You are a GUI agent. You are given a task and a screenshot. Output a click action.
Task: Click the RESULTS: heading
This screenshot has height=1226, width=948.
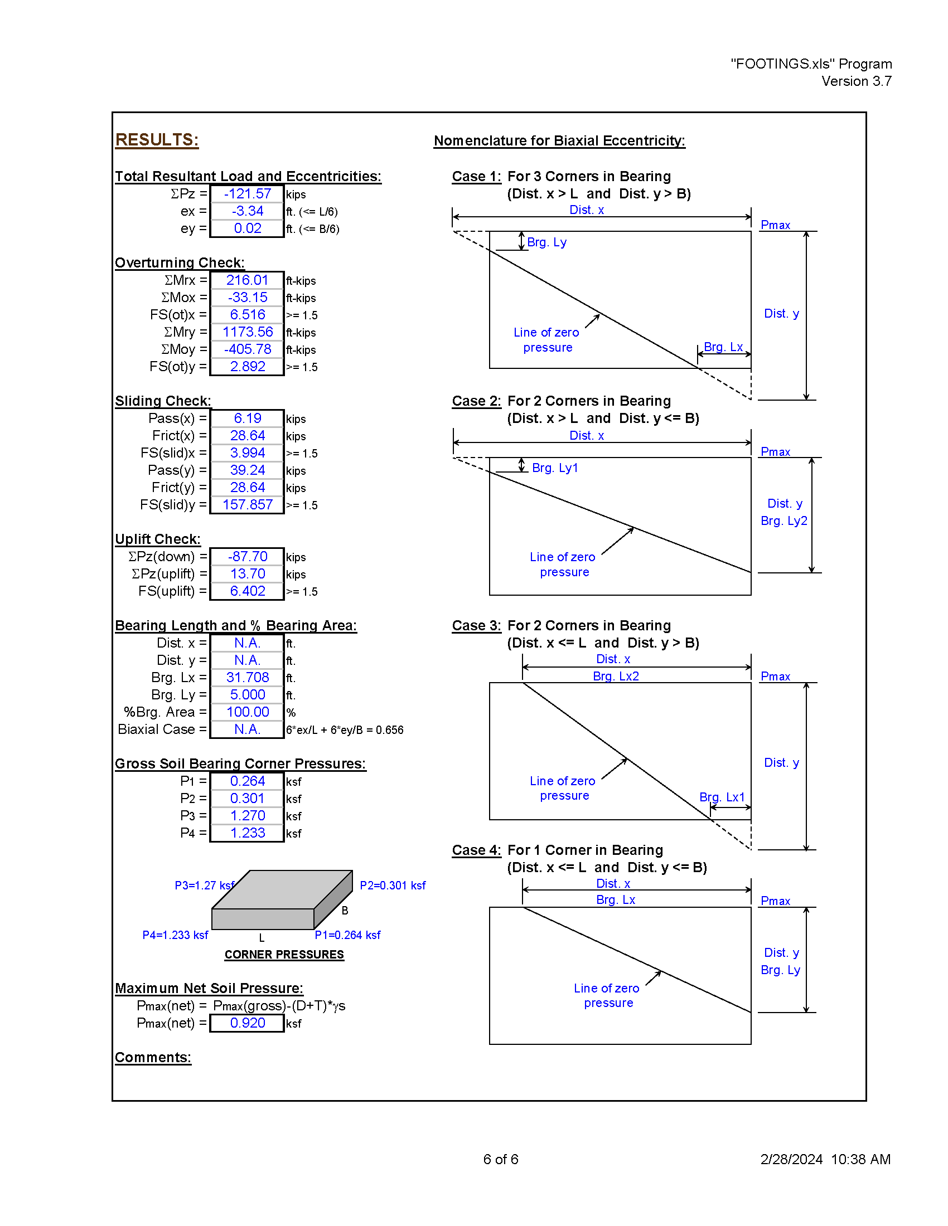point(157,140)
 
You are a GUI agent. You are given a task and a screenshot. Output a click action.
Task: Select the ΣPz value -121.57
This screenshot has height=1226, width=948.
point(248,194)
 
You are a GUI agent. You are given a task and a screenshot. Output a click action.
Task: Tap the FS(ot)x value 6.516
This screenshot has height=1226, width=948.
point(248,315)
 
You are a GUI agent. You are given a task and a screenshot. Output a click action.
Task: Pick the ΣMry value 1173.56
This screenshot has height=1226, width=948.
point(248,332)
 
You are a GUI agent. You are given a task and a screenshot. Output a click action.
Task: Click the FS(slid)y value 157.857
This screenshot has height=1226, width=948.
point(248,505)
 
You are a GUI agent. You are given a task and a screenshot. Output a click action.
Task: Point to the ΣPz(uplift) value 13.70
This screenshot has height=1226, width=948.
point(248,573)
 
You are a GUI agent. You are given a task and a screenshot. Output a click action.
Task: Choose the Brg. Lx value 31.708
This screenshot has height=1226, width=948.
point(248,678)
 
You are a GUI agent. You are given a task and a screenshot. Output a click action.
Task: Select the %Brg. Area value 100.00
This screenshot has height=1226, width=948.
point(248,712)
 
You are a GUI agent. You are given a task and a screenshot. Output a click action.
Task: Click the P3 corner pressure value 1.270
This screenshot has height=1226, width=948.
point(248,816)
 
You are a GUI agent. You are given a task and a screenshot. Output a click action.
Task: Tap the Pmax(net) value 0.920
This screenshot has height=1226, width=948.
point(248,1023)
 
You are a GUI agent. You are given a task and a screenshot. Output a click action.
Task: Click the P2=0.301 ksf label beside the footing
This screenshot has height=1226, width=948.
point(393,886)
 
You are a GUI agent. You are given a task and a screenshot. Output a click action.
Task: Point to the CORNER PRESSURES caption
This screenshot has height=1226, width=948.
point(284,954)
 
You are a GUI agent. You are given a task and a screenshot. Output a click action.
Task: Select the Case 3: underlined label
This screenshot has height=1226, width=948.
point(476,626)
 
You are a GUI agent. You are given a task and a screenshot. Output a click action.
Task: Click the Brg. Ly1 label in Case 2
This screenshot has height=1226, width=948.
point(555,468)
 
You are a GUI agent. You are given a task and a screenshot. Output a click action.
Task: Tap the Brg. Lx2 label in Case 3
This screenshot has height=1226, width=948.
point(616,676)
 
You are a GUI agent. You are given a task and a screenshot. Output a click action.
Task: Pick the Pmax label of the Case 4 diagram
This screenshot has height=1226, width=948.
point(776,901)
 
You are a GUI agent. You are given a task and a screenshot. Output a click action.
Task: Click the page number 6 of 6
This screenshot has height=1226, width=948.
point(501,1159)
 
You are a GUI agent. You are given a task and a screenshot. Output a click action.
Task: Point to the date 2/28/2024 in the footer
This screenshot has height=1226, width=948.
point(791,1159)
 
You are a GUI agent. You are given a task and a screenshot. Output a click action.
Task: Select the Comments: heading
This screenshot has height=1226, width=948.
point(153,1058)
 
